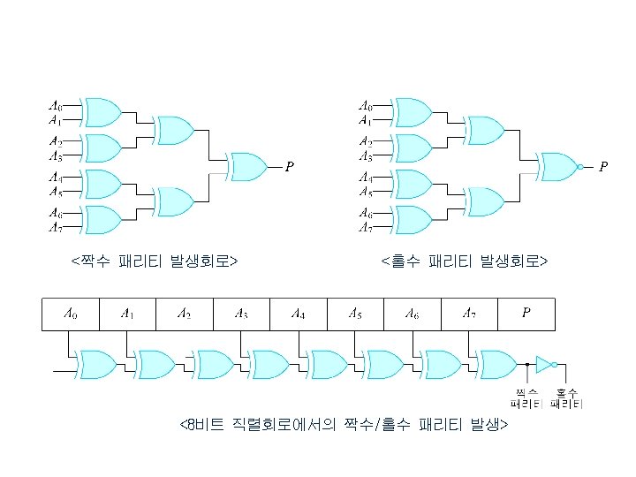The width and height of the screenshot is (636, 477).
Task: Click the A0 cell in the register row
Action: (71, 314)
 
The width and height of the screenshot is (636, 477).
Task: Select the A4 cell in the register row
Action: (299, 314)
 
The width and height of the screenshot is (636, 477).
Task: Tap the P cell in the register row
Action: (526, 314)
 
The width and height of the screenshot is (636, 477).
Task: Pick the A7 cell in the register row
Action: (469, 314)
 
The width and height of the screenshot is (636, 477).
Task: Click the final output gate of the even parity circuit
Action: (248, 165)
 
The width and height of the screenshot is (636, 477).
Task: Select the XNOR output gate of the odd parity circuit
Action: (560, 165)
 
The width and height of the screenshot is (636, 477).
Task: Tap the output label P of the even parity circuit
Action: (289, 166)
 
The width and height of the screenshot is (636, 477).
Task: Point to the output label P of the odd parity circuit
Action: (603, 166)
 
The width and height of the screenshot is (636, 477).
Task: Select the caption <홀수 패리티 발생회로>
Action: (465, 261)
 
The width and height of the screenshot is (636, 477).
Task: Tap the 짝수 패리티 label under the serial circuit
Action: (526, 398)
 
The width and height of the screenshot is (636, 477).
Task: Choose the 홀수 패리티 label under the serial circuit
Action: (566, 398)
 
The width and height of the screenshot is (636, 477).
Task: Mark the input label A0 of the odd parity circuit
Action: (365, 105)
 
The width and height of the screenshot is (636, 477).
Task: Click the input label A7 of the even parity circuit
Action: (55, 227)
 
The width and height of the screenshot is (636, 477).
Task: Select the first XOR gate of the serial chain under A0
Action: (100, 363)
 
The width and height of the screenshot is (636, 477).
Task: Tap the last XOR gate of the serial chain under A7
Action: (497, 363)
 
